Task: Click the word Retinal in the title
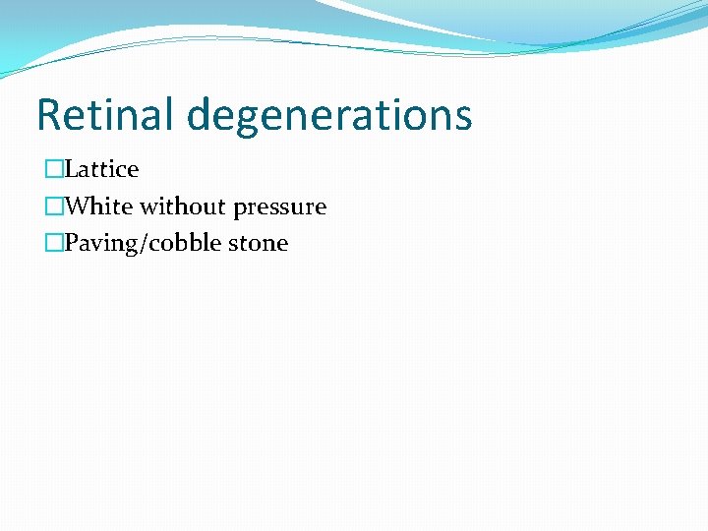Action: point(105,115)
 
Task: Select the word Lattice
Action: point(101,169)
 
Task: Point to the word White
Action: point(99,206)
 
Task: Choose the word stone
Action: point(259,243)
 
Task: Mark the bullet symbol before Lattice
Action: point(53,169)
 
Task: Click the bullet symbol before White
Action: point(53,206)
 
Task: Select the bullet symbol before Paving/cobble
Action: point(53,243)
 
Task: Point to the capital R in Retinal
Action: point(48,115)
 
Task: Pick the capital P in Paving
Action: point(70,243)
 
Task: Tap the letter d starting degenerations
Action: point(200,115)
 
